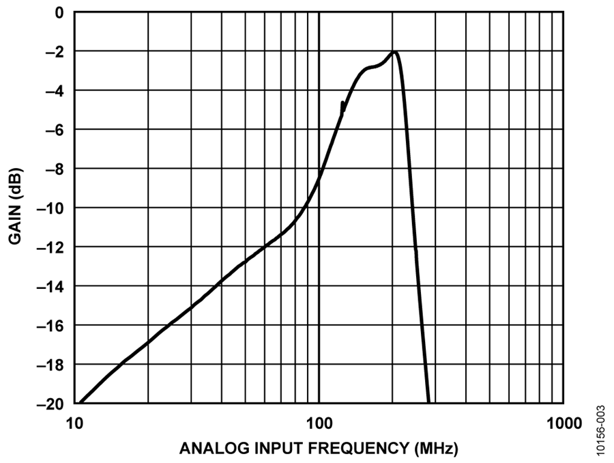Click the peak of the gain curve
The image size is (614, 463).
(394, 52)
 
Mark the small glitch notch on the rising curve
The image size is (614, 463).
(342, 105)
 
